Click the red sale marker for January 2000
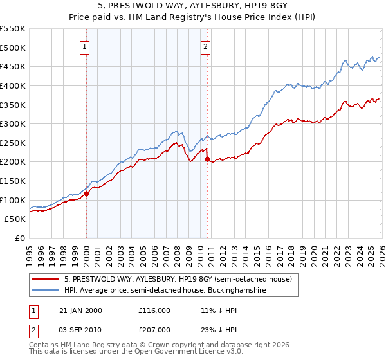[x=86, y=194]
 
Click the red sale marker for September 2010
[x=207, y=159]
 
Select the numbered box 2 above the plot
[x=205, y=46]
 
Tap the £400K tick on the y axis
[x=12, y=85]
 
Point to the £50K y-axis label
[x=15, y=219]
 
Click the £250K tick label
[x=12, y=143]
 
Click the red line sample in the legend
[x=46, y=279]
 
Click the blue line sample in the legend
[x=46, y=291]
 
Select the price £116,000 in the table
[x=154, y=310]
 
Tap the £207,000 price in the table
[x=154, y=329]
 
